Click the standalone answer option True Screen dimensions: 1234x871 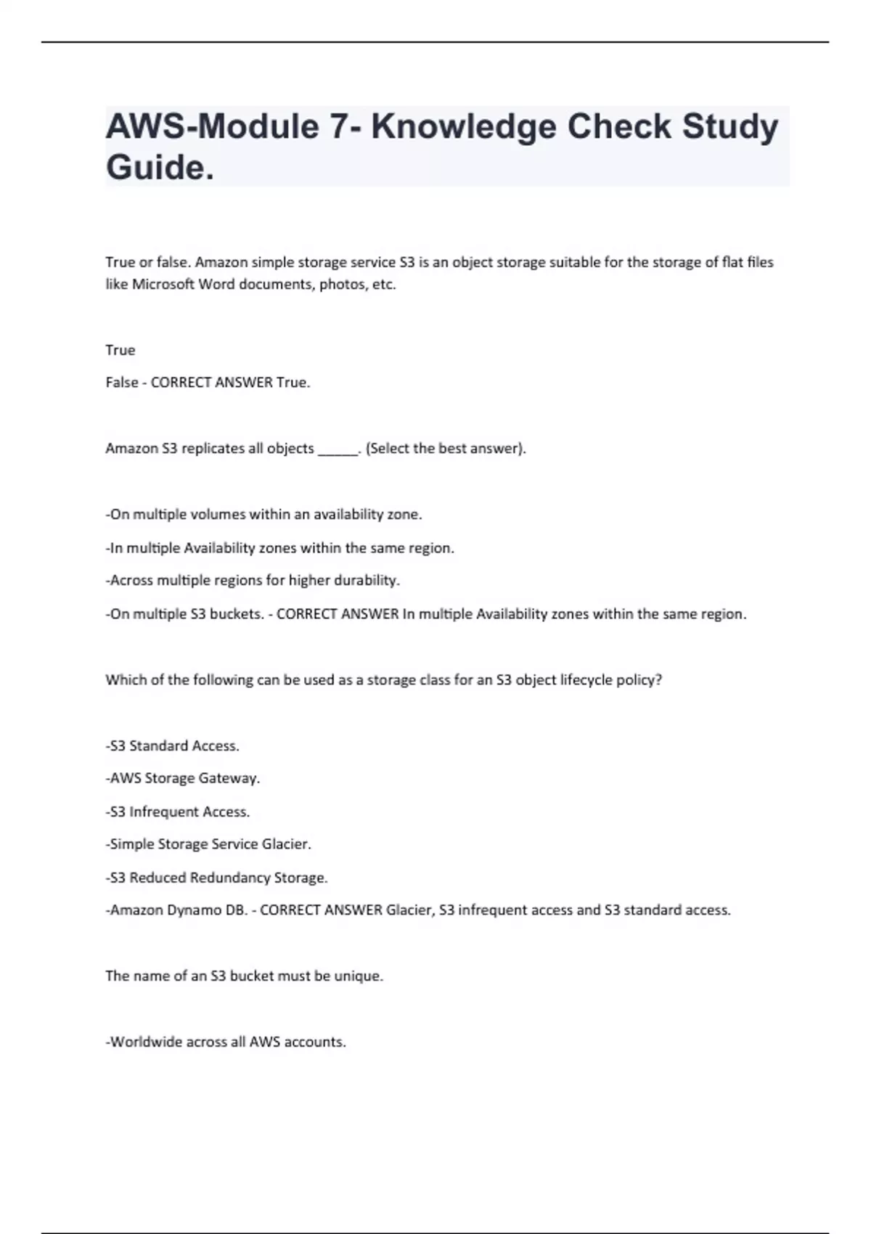point(120,350)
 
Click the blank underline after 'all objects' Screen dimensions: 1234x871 point(338,449)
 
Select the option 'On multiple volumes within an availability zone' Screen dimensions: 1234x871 point(263,515)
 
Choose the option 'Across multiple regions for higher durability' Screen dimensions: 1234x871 point(253,581)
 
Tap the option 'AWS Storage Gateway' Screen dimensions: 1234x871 point(183,778)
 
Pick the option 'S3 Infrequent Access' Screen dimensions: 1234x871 point(178,812)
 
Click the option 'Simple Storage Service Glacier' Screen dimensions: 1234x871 point(208,844)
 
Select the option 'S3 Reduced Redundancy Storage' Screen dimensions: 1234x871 point(217,878)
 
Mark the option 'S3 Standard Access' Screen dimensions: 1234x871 point(173,745)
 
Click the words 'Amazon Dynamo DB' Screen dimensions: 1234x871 point(178,910)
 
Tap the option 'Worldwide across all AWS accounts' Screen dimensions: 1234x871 point(226,1042)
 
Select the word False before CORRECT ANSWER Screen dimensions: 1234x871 point(122,383)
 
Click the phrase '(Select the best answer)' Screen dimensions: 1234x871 point(446,449)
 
